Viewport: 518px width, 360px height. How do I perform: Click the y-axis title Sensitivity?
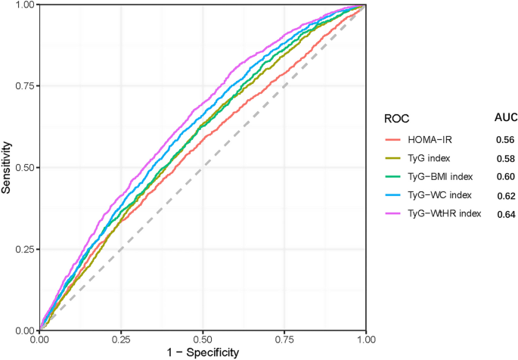click(x=7, y=167)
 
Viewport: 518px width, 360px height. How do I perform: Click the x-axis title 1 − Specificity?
click(x=203, y=352)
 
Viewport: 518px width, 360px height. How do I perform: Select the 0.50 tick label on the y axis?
click(x=23, y=167)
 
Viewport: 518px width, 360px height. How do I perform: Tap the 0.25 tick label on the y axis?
click(x=23, y=249)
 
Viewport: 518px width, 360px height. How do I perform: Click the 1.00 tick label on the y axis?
click(x=23, y=5)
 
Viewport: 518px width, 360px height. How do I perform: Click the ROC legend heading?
click(x=397, y=119)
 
